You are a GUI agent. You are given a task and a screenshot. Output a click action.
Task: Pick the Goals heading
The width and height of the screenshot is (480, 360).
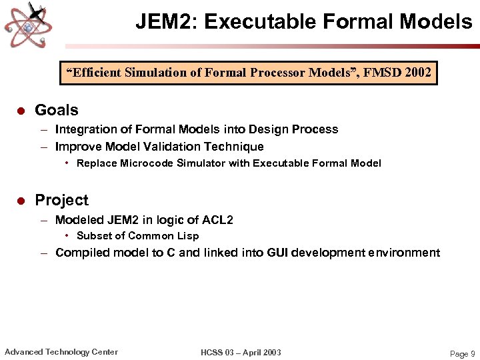pos(57,111)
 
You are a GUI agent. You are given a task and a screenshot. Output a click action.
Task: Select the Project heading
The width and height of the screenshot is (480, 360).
pos(61,201)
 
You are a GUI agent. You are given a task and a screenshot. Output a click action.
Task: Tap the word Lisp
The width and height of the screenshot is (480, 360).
pos(187,236)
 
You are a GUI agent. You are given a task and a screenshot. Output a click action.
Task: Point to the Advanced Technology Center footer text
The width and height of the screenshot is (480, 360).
pos(61,352)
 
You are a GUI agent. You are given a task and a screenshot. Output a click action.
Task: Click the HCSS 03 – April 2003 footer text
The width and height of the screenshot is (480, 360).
pos(241,353)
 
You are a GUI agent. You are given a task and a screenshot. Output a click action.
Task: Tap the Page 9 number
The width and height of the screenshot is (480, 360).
pos(463,354)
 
